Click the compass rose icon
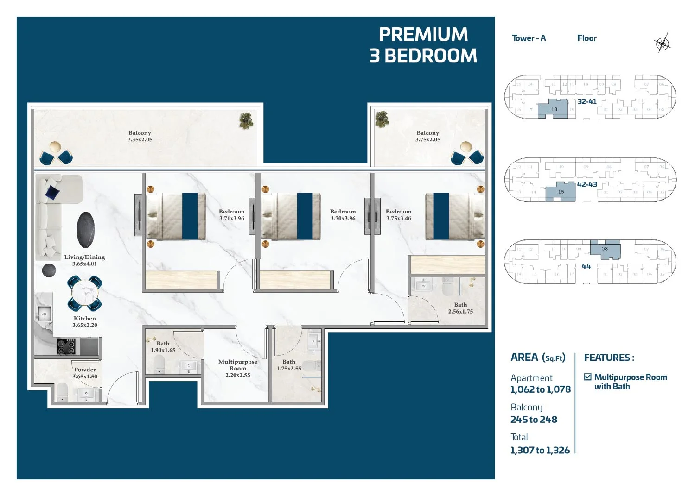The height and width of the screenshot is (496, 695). click(662, 44)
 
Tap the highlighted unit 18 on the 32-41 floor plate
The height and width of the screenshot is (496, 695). click(553, 109)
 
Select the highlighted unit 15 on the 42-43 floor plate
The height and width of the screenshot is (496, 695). click(561, 192)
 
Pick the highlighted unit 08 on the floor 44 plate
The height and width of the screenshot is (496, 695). click(606, 250)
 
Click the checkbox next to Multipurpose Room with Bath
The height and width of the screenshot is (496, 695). click(587, 377)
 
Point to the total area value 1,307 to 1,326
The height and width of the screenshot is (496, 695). click(540, 450)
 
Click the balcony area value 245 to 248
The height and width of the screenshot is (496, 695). click(534, 420)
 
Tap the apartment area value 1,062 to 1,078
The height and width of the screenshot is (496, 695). click(540, 389)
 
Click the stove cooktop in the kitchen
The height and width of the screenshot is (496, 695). click(66, 346)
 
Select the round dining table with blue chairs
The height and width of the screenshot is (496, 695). click(84, 293)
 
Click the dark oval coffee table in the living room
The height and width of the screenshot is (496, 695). click(85, 230)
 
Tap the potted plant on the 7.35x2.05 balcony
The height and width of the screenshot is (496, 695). click(246, 120)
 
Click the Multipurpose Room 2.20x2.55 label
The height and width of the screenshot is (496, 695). click(237, 369)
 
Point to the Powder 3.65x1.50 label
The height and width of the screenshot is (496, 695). click(85, 373)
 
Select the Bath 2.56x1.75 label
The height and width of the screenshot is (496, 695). click(460, 308)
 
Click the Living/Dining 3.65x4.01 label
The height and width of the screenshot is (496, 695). click(84, 260)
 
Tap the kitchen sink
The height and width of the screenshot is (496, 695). click(44, 314)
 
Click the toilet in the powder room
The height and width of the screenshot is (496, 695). click(62, 393)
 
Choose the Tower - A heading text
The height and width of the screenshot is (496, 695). click(529, 38)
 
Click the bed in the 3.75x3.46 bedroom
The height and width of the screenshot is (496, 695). click(454, 216)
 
